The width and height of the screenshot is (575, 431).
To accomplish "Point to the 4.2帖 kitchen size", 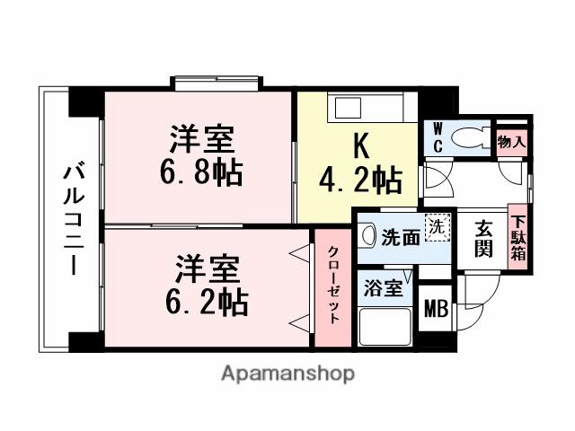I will click(x=360, y=181).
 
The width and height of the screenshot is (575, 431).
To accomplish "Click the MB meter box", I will click(x=436, y=309).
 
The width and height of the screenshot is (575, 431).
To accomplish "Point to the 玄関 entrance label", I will click(x=484, y=238).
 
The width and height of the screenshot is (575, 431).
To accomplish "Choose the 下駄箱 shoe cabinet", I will click(x=518, y=235).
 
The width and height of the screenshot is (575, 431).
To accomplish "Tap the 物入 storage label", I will click(x=511, y=142).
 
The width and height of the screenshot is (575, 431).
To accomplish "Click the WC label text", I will click(x=438, y=137).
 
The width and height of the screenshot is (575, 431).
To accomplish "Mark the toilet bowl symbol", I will click(x=469, y=138).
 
